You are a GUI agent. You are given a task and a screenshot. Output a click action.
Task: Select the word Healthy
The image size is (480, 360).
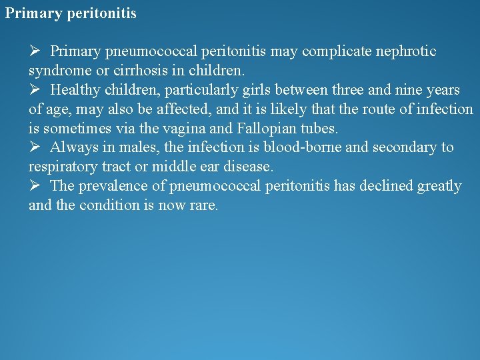75,89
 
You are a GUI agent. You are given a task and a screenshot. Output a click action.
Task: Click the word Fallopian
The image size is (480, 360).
267,128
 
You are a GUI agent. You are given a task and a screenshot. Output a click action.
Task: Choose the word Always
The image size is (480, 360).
73,147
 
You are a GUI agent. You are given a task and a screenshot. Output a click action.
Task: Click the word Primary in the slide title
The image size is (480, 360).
33,13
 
